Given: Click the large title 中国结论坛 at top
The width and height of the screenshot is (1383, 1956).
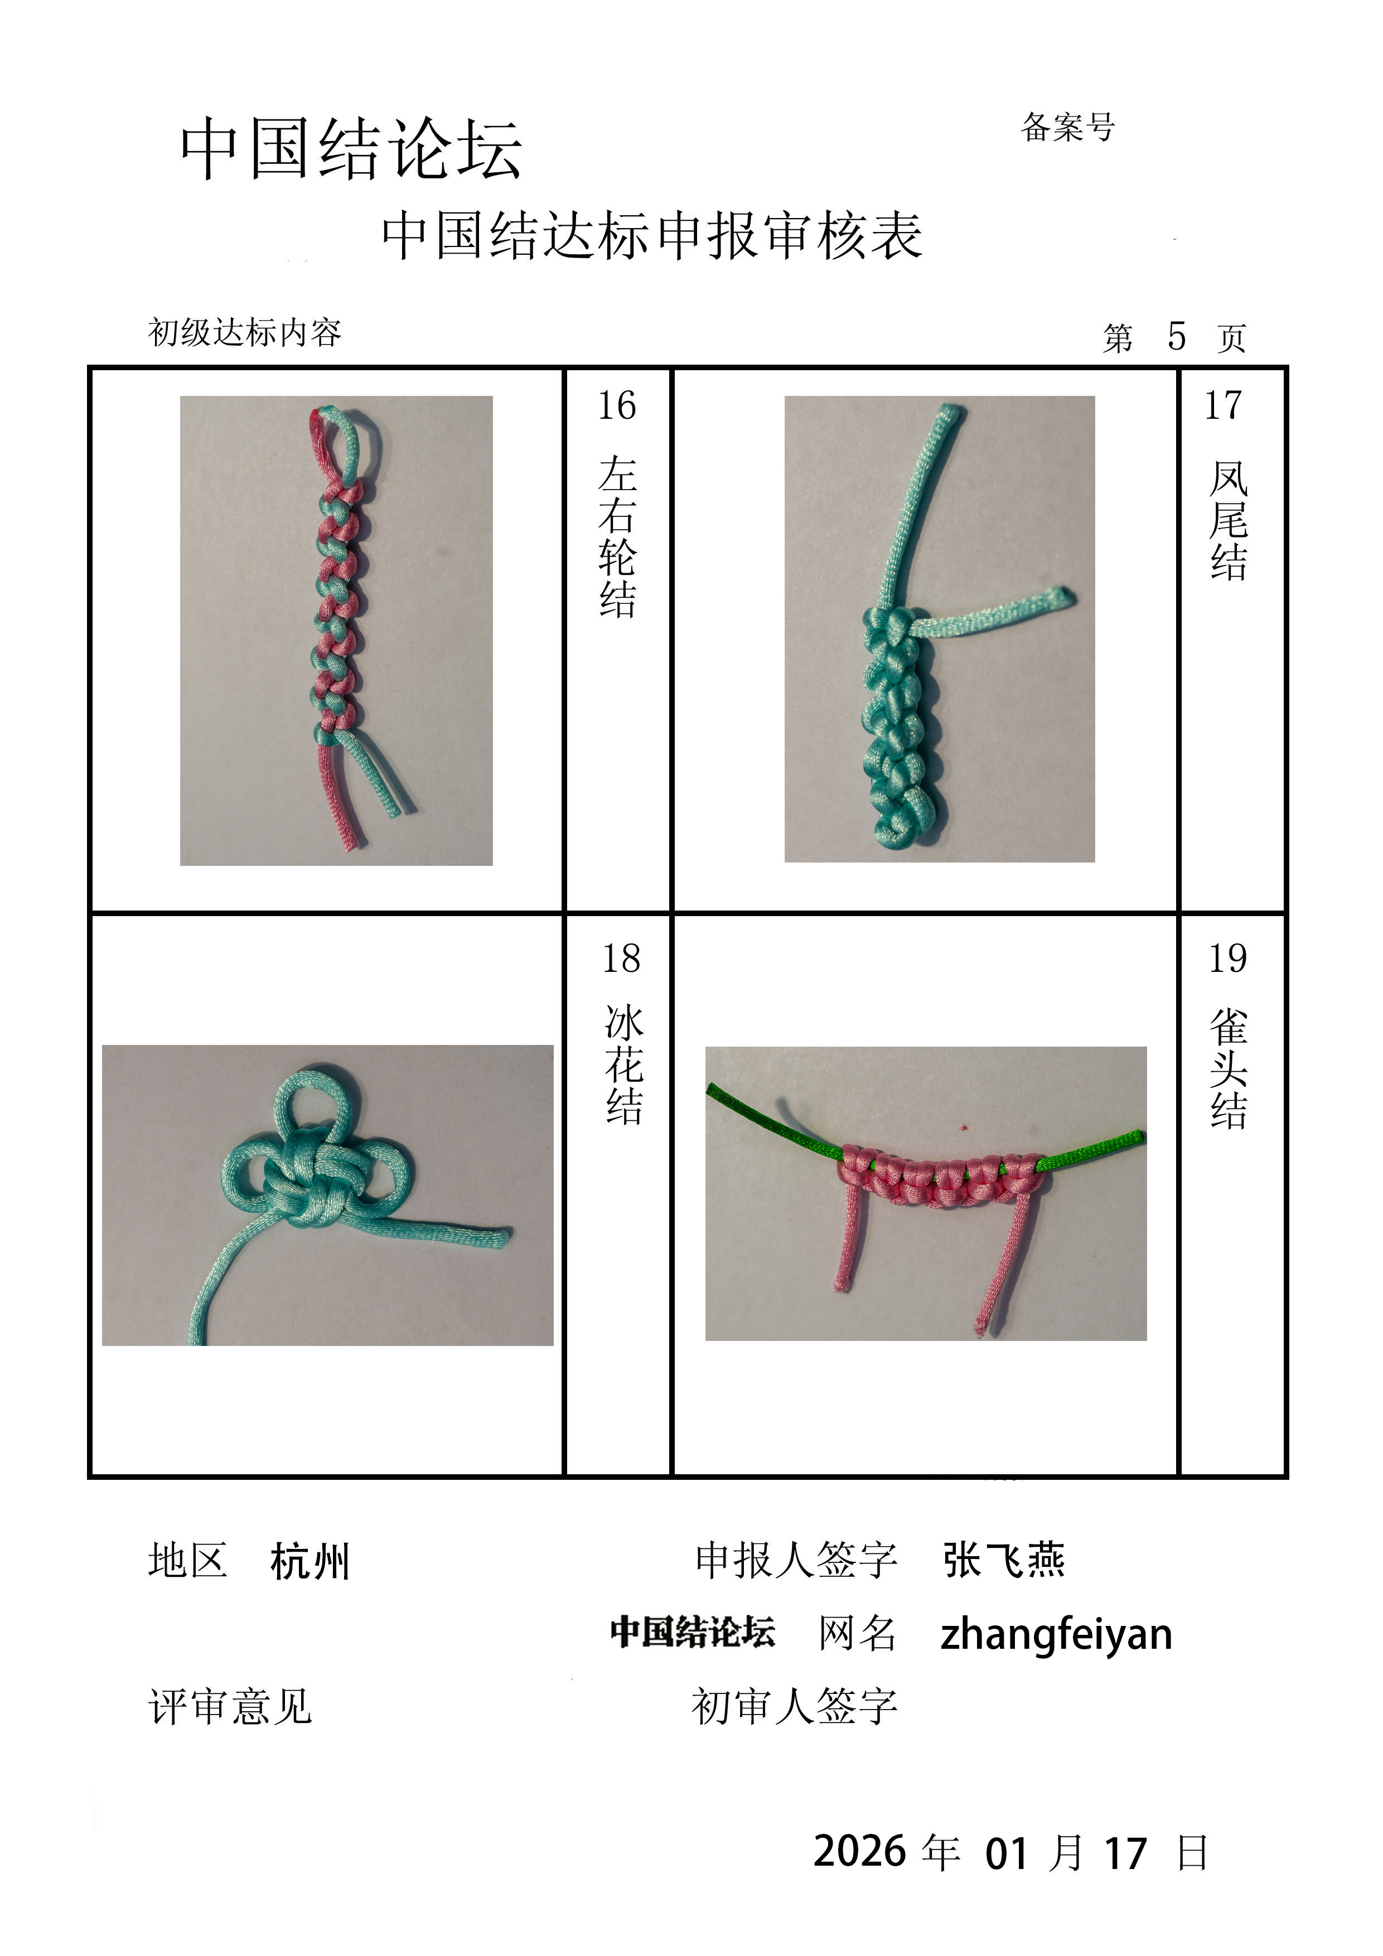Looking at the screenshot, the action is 351,149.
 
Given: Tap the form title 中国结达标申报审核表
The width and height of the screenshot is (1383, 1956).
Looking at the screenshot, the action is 652,236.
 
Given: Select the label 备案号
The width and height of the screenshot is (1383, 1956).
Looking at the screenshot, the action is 1068,127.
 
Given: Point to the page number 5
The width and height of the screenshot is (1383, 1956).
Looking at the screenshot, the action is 1177,337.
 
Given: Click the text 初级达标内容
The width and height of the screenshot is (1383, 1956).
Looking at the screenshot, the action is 245,332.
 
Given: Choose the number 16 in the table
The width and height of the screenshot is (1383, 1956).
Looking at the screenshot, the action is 616,405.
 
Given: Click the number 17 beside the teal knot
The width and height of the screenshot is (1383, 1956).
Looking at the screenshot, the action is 1223,405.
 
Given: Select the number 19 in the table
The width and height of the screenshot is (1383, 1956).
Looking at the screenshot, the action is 1227,958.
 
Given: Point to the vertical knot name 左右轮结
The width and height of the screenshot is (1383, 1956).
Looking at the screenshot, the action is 617,537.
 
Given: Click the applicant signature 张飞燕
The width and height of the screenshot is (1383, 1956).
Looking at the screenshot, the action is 1004,1561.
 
